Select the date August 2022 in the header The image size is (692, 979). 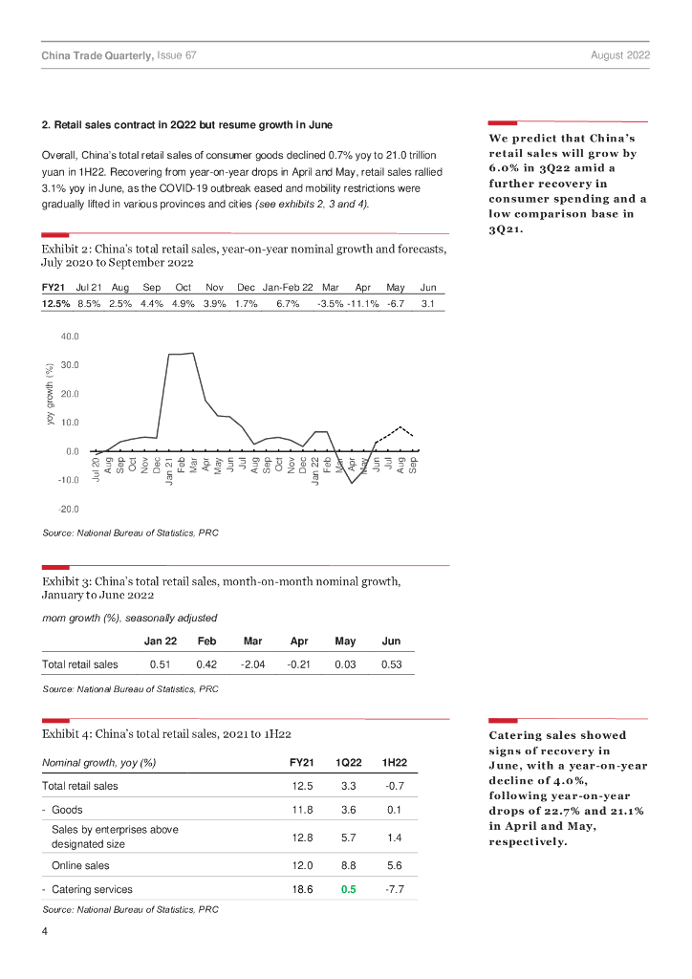(x=620, y=56)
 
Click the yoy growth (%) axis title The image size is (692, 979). (x=50, y=394)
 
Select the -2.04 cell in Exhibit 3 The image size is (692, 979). (x=253, y=664)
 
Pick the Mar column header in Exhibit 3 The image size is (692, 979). (x=253, y=641)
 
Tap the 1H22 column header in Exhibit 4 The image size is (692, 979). (x=395, y=762)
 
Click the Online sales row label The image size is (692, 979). (x=80, y=865)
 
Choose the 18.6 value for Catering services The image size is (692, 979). (x=301, y=889)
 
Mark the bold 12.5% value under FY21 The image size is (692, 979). (x=56, y=303)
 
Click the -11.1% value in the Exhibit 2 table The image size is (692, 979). (x=363, y=303)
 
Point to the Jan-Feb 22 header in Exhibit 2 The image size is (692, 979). (x=288, y=287)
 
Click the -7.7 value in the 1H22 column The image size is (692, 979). (x=395, y=889)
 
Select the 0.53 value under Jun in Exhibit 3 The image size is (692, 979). (x=390, y=664)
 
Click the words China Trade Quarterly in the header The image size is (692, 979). (x=97, y=56)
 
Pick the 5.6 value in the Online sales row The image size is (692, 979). (x=395, y=865)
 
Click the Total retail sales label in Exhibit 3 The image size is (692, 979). (x=80, y=664)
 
